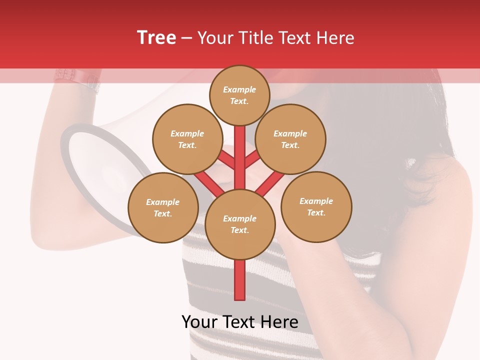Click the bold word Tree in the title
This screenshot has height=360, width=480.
(156, 38)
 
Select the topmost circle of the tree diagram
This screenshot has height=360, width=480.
(239, 95)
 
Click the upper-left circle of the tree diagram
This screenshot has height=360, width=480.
(187, 139)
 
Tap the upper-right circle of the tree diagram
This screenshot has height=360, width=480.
(290, 139)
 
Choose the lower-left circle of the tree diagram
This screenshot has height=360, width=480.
(162, 207)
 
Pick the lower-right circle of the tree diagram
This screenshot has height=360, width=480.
(316, 206)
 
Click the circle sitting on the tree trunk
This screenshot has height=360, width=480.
(239, 224)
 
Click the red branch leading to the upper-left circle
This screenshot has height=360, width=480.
(226, 160)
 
